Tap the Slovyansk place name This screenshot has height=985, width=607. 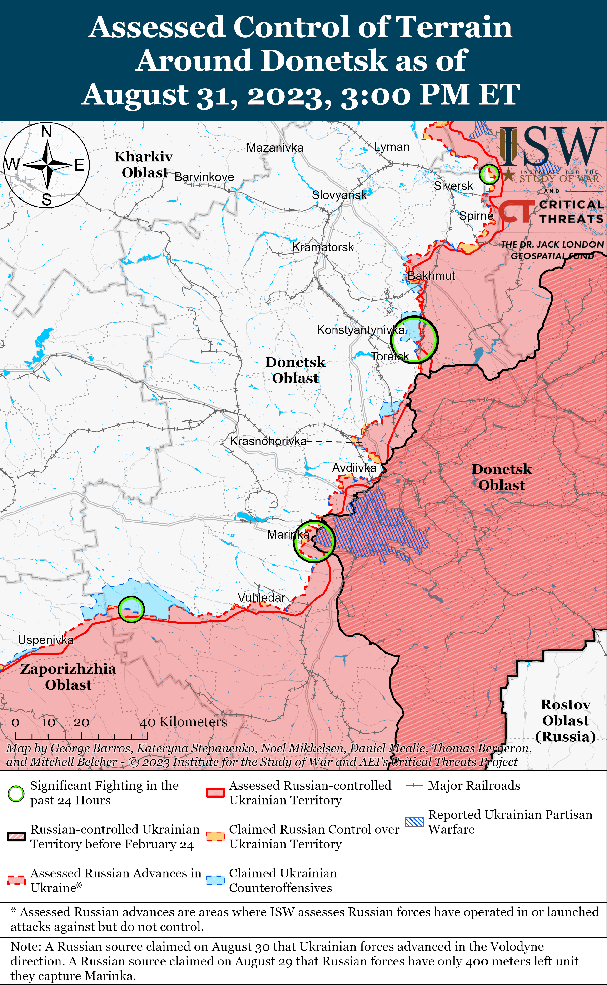339,195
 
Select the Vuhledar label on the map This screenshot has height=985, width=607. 261,597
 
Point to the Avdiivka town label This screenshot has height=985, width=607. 354,468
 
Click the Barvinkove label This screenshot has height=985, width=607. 204,177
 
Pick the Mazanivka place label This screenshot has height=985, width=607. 275,148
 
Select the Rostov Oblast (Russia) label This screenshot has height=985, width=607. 565,721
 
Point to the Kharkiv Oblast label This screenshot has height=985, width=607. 144,164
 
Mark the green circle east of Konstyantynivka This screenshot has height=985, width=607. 414,340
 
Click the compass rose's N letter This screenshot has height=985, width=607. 47,132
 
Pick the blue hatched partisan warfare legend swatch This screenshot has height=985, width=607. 414,822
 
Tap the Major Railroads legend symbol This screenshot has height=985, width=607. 414,786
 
